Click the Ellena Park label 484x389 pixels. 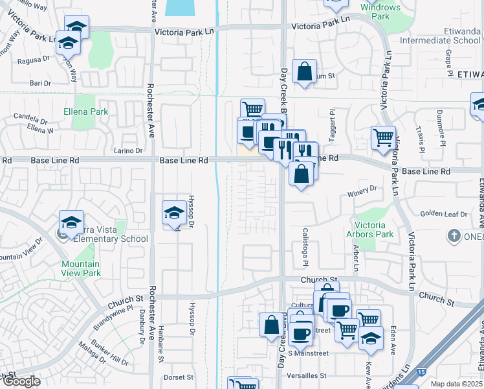(91, 112)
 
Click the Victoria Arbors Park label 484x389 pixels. (375, 230)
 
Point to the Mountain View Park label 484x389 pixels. (81, 268)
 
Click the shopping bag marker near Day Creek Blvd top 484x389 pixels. (304, 72)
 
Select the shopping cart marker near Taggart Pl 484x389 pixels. (383, 137)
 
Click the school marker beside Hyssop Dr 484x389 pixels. (173, 213)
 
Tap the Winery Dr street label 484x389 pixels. (363, 189)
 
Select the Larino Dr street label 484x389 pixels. (129, 150)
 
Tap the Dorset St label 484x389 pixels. (179, 377)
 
